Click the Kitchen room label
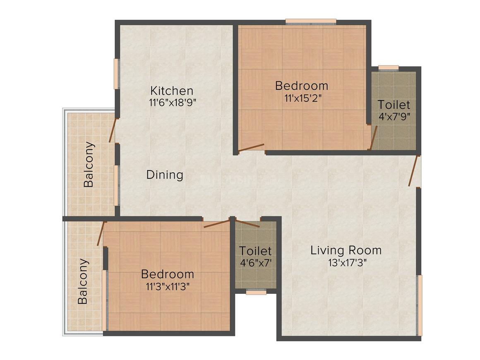click(x=171, y=90)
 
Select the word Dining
click(x=165, y=175)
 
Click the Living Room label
click(x=346, y=250)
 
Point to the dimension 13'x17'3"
click(x=346, y=263)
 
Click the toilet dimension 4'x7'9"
click(x=394, y=116)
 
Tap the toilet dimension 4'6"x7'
click(x=255, y=263)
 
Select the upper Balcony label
click(x=89, y=164)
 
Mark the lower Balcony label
click(x=83, y=281)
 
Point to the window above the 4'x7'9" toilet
click(x=388, y=68)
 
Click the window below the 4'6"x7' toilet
click(x=256, y=292)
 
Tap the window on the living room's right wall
click(x=420, y=305)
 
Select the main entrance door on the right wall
click(x=414, y=171)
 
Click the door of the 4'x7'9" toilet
click(x=374, y=138)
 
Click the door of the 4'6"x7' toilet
click(x=248, y=224)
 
